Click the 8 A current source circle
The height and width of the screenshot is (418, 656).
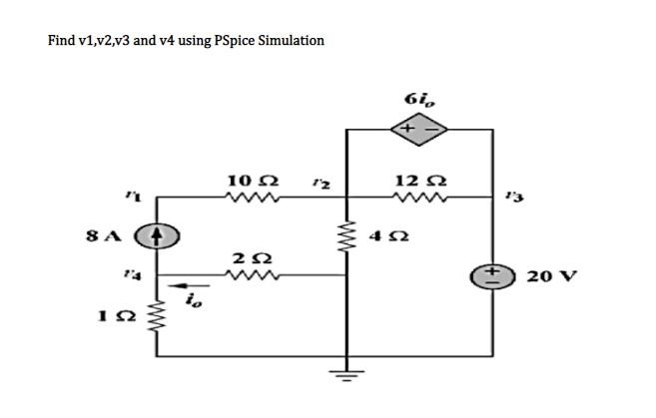pyautogui.click(x=160, y=238)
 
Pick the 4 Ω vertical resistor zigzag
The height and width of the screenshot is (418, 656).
pyautogui.click(x=346, y=239)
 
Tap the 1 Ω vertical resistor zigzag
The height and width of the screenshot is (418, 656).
pyautogui.click(x=160, y=319)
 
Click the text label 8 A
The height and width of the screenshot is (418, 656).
pyautogui.click(x=104, y=238)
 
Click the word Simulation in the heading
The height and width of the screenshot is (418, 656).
pyautogui.click(x=291, y=41)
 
